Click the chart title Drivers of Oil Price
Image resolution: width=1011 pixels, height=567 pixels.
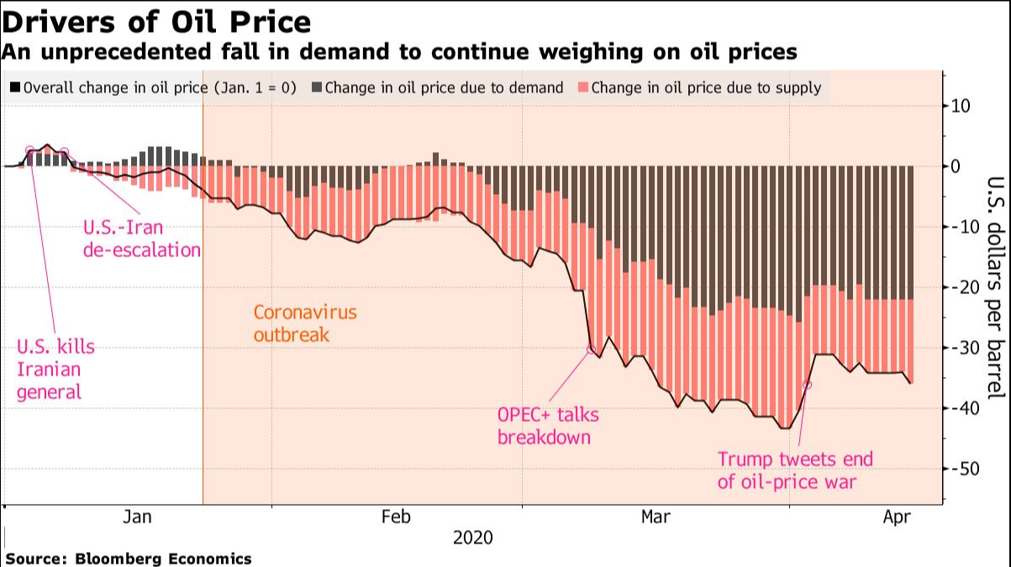[x=157, y=21]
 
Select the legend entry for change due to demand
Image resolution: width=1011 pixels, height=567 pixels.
[x=437, y=87]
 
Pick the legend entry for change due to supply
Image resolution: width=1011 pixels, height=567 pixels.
[x=699, y=87]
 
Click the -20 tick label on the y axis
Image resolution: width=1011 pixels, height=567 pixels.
[x=960, y=287]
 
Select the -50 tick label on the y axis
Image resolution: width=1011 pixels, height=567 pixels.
[x=960, y=469]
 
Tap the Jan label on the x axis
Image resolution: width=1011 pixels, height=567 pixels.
[x=137, y=517]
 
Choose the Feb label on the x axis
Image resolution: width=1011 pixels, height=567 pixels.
[x=396, y=517]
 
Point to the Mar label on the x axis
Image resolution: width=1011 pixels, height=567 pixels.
[x=656, y=517]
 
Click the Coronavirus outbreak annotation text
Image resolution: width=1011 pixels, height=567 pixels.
[x=305, y=323]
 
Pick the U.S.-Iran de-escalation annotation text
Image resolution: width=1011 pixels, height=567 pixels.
[x=142, y=238]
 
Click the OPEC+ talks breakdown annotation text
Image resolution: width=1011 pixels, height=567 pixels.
[x=548, y=426]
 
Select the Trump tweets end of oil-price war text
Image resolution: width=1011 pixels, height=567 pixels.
[x=795, y=470]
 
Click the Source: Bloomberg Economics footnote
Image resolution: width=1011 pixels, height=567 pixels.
[x=129, y=559]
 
